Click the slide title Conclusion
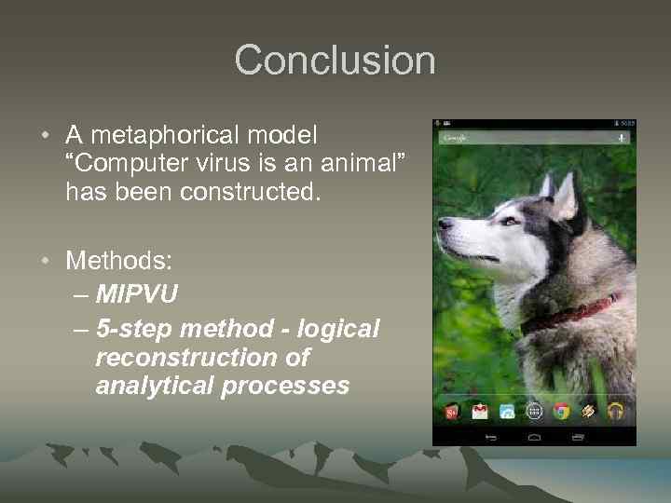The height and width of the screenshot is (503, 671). (x=335, y=61)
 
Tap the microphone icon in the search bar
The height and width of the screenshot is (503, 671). (x=620, y=136)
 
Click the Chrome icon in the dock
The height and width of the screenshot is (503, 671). (x=561, y=411)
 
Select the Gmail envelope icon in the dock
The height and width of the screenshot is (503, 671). (x=480, y=411)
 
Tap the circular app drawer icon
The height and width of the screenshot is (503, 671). (x=534, y=411)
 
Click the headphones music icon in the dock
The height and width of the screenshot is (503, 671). (x=615, y=411)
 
